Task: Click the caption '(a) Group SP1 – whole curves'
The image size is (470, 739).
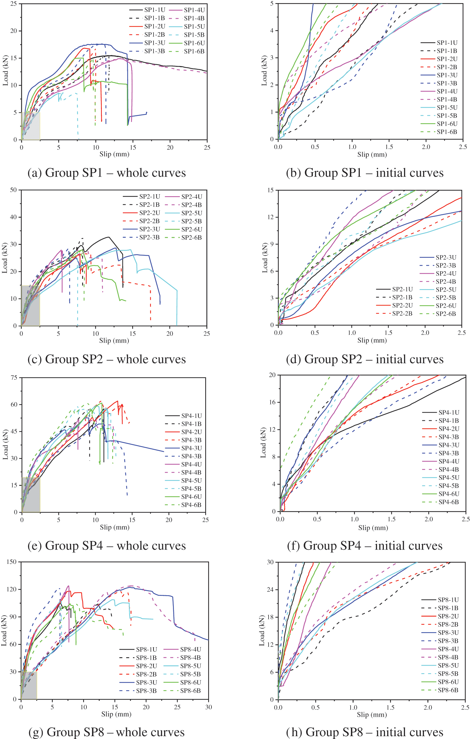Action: coord(107,173)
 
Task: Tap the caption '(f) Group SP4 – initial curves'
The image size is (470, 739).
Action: coord(365,546)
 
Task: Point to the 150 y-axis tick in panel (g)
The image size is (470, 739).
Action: coord(11,562)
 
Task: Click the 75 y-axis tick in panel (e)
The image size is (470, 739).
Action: coord(14,377)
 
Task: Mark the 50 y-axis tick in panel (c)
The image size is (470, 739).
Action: coord(13,190)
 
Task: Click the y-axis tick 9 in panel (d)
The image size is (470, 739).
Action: coord(272,244)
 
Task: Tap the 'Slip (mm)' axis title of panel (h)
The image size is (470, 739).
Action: coord(372,715)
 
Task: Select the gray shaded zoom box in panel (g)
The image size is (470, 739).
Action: coord(29,685)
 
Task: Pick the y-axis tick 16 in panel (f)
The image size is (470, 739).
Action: coord(272,402)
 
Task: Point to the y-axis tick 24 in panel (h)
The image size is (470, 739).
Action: coord(270,590)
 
